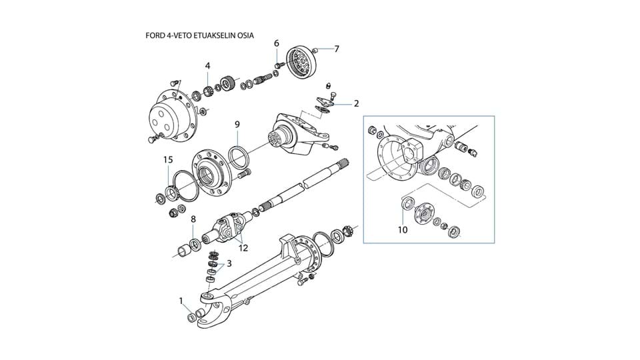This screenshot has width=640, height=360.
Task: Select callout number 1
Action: (x=181, y=301)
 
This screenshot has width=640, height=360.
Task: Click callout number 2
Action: (x=356, y=103)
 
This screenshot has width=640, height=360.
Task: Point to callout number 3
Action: (x=229, y=263)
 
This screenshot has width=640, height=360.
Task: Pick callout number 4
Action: (x=208, y=65)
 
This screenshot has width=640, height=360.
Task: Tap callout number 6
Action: (x=277, y=43)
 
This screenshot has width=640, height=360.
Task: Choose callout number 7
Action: (x=337, y=49)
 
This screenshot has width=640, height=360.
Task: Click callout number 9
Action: (x=237, y=124)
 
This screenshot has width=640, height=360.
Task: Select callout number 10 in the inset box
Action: (x=402, y=230)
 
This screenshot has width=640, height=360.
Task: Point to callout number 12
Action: (x=243, y=248)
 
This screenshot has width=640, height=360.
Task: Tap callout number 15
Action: (x=169, y=159)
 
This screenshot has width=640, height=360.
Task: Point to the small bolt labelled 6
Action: (x=278, y=65)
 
